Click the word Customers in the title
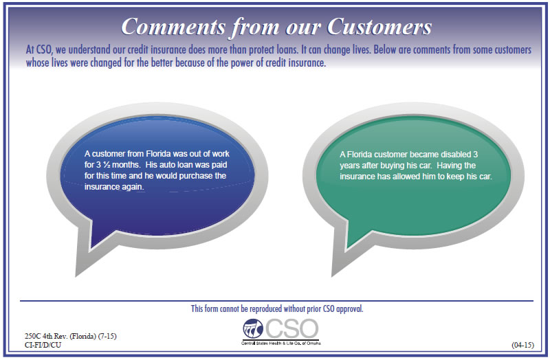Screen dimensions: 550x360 tap(379, 27)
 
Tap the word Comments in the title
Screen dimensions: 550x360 tap(173, 27)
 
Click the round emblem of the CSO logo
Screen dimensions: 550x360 tap(253, 328)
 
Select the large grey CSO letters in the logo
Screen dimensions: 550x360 tap(291, 329)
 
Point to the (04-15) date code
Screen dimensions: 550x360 tap(522, 345)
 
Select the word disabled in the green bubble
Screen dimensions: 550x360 tap(456, 155)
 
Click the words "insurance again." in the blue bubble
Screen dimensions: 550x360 tap(114, 187)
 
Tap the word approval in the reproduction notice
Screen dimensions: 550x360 tap(349, 309)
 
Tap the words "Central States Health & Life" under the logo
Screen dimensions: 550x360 tap(269, 344)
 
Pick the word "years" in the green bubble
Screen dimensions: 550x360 tap(349, 166)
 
